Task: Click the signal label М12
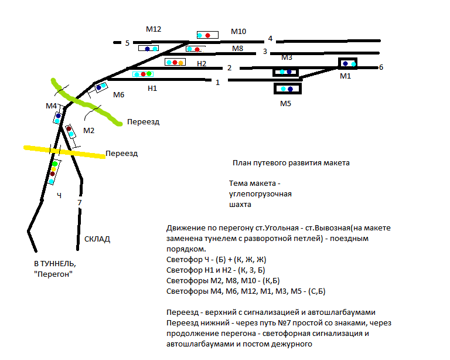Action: pyautogui.click(x=154, y=29)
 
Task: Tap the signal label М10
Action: pyautogui.click(x=238, y=32)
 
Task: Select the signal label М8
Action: pyautogui.click(x=237, y=49)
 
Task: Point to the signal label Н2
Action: pyautogui.click(x=202, y=63)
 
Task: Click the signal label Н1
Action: pyautogui.click(x=152, y=88)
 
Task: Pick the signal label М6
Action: pyautogui.click(x=119, y=95)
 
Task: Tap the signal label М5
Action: pyautogui.click(x=285, y=104)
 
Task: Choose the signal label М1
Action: pyautogui.click(x=345, y=76)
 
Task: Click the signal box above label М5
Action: pyautogui.click(x=287, y=89)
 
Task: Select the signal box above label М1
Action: pyautogui.click(x=348, y=63)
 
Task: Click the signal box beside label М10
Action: pyautogui.click(x=207, y=35)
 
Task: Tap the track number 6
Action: pyautogui.click(x=381, y=67)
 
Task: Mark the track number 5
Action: pyautogui.click(x=127, y=43)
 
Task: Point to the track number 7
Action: pyautogui.click(x=80, y=203)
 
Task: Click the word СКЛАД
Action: pyautogui.click(x=97, y=239)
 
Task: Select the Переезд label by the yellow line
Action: pyautogui.click(x=121, y=154)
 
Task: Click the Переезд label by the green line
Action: pyautogui.click(x=144, y=122)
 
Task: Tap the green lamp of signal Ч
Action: pyautogui.click(x=54, y=164)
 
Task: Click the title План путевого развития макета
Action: pyautogui.click(x=291, y=163)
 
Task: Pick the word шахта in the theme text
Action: pyautogui.click(x=240, y=205)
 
